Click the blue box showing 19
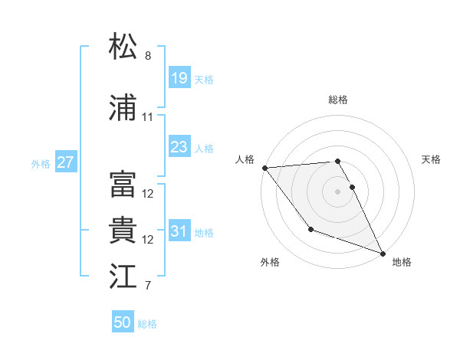[179, 78]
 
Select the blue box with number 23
[179, 148]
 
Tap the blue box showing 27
[66, 162]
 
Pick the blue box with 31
[179, 232]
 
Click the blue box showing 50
[123, 322]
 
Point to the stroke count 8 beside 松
[148, 56]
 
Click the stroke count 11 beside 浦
[148, 118]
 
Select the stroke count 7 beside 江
[148, 286]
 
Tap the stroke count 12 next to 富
[148, 194]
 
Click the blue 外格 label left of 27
[41, 163]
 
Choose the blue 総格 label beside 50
[147, 324]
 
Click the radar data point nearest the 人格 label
[264, 168]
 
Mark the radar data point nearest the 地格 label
[383, 253]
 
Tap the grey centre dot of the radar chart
[337, 191]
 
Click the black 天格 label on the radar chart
[431, 159]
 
